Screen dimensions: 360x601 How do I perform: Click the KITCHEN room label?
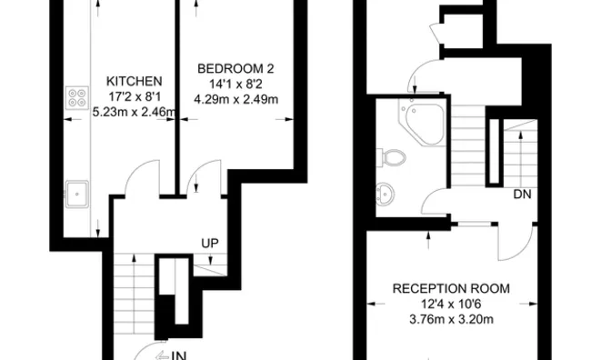[x=134, y=80]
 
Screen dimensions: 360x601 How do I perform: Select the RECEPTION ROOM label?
[x=450, y=288]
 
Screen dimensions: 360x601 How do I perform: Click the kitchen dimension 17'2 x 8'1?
[x=134, y=95]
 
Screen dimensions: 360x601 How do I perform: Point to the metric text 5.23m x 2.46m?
[x=135, y=112]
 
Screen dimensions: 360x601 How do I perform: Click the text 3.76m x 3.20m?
[x=450, y=319]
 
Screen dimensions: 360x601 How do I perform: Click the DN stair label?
[x=522, y=195]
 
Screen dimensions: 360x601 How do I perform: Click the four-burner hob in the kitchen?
[x=75, y=99]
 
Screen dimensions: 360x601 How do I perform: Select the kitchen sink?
[x=76, y=192]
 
